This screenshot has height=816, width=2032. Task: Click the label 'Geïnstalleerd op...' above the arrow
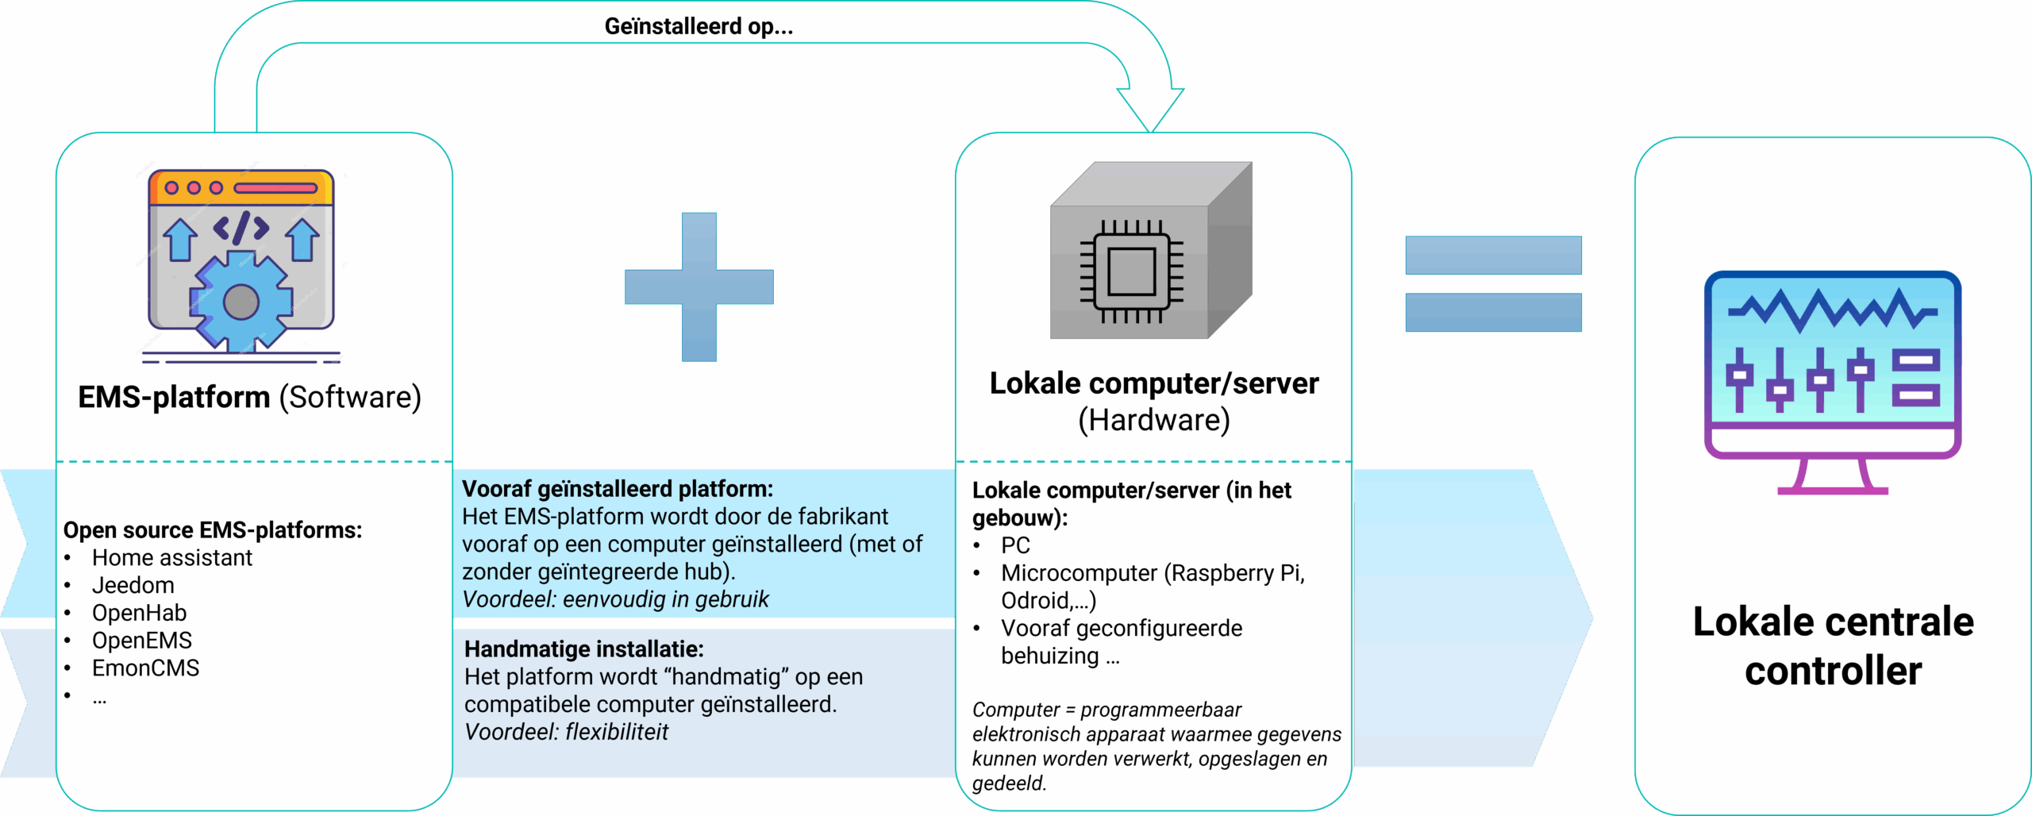pyautogui.click(x=698, y=26)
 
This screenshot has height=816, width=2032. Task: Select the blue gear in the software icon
pyautogui.click(x=241, y=302)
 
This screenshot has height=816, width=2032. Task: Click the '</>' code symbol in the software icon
pyautogui.click(x=241, y=229)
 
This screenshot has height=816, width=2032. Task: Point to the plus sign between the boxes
pyautogui.click(x=699, y=287)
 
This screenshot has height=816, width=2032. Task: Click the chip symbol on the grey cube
pyautogui.click(x=1131, y=271)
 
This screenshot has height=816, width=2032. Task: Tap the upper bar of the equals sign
pyautogui.click(x=1493, y=255)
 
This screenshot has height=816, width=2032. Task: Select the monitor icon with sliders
pyautogui.click(x=1832, y=381)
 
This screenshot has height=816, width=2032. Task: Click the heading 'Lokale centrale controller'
pyautogui.click(x=1833, y=645)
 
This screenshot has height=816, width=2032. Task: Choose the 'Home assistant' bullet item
pyautogui.click(x=172, y=557)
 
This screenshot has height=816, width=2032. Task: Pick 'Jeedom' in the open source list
pyautogui.click(x=133, y=585)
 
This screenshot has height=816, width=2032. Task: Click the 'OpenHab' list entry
pyautogui.click(x=139, y=613)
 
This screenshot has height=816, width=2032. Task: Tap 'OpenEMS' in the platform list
pyautogui.click(x=141, y=641)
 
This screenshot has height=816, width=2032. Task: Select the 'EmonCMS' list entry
pyautogui.click(x=145, y=668)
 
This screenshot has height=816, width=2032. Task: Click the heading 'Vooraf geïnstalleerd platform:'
pyautogui.click(x=617, y=488)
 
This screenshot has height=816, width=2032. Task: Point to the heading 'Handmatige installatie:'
pyautogui.click(x=583, y=649)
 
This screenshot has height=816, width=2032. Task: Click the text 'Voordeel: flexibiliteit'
pyautogui.click(x=566, y=732)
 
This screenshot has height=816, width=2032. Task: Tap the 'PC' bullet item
pyautogui.click(x=1015, y=545)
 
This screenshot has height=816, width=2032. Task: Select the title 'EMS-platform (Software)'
pyautogui.click(x=249, y=397)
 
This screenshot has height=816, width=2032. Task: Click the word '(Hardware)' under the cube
pyautogui.click(x=1153, y=420)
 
